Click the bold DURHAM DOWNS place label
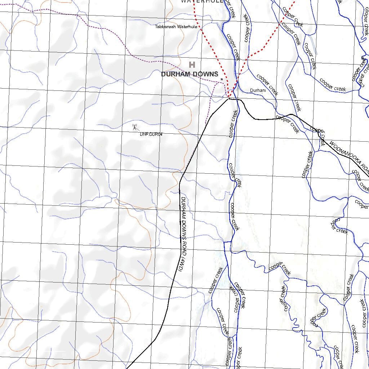pyautogui.click(x=190, y=74)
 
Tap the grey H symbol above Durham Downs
pyautogui.click(x=192, y=65)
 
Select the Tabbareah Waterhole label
pyautogui.click(x=176, y=27)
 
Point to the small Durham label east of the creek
pyautogui.click(x=258, y=90)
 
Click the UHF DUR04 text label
pyautogui.click(x=151, y=134)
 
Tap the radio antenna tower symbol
pyautogui.click(x=135, y=127)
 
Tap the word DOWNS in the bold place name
pyautogui.click(x=205, y=74)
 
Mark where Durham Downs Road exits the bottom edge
pyautogui.click(x=127, y=368)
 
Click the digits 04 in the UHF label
pyautogui.click(x=160, y=134)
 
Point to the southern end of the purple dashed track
pyautogui.click(x=205, y=124)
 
